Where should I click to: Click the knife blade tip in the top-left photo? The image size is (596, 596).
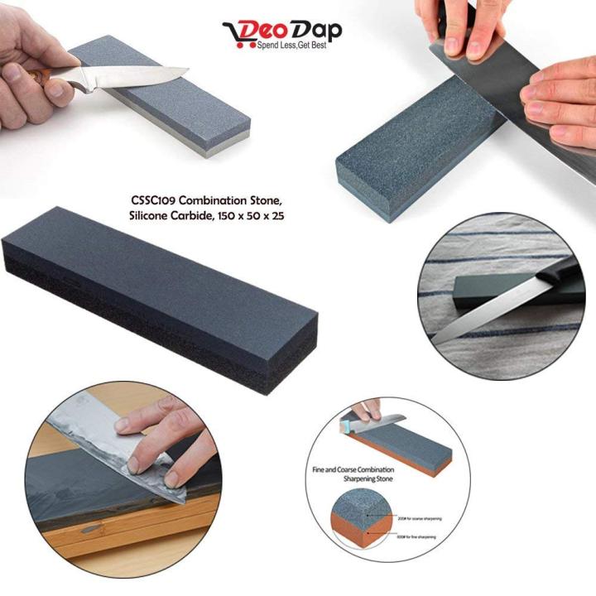185,70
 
